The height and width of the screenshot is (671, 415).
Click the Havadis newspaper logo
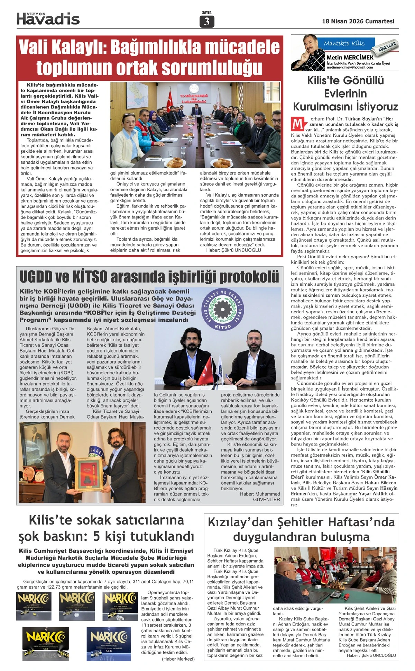click(x=48, y=19)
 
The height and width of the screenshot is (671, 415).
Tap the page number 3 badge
click(x=207, y=22)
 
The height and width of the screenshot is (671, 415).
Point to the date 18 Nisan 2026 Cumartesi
click(x=358, y=21)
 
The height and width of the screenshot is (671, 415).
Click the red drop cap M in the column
click(x=297, y=124)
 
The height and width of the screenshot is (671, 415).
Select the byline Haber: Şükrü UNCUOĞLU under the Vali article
click(x=234, y=250)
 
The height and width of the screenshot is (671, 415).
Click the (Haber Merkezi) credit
click(x=178, y=659)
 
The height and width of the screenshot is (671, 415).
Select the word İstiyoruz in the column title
click(x=374, y=106)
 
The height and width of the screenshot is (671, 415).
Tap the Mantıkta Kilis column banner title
click(x=344, y=43)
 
